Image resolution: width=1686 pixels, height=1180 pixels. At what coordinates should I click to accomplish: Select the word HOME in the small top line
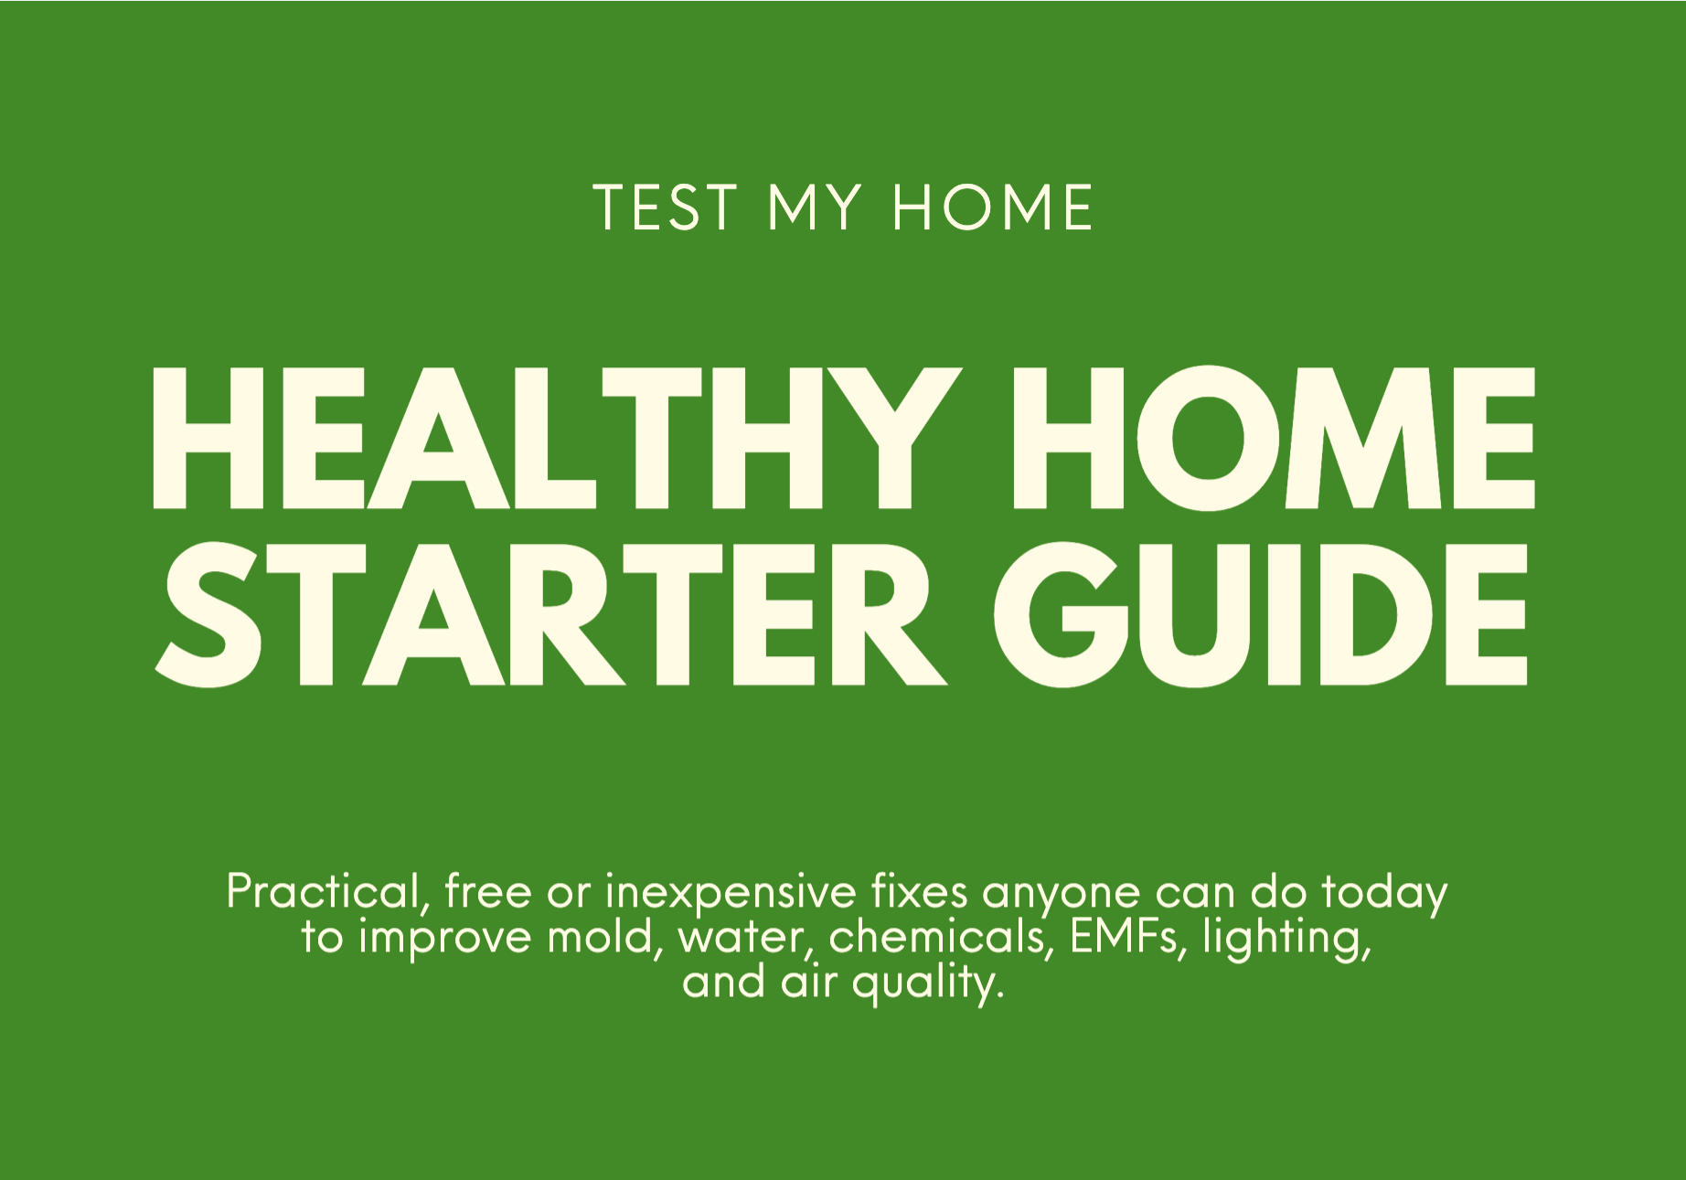pos(992,207)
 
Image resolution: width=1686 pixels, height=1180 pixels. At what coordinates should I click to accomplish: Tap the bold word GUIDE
pos(1261,614)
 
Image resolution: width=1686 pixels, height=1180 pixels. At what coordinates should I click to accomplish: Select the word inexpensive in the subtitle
pos(731,894)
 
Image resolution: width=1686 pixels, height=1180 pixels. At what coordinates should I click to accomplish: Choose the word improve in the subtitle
pos(444,939)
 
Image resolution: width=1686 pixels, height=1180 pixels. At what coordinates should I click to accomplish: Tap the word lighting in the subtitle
pos(1286,939)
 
